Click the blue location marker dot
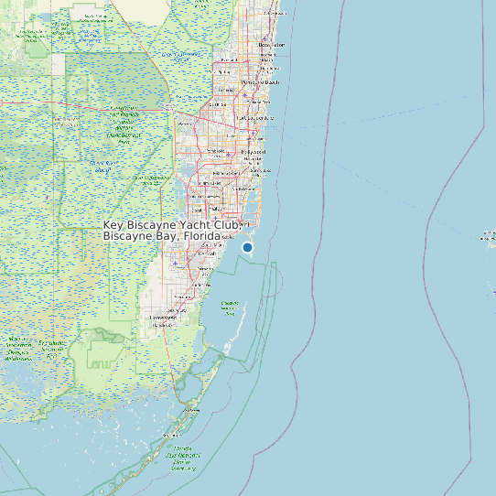[247, 247]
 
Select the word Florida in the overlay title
[200, 236]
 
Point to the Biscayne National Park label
[230, 304]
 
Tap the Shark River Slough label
[101, 166]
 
